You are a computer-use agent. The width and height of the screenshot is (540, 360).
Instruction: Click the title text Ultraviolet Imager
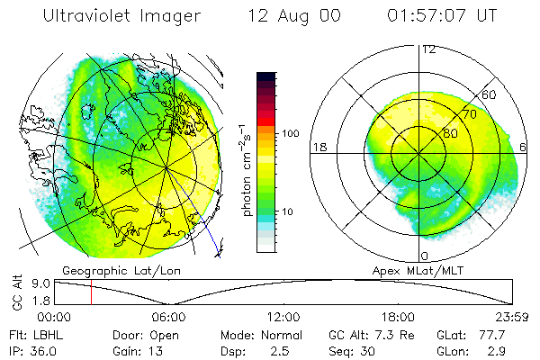coord(121,16)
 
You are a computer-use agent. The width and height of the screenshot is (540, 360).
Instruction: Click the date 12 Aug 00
coord(294,16)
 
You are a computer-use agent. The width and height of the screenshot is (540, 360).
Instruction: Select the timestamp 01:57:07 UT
coord(442,15)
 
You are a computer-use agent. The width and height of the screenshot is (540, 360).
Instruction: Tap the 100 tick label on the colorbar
coord(291,133)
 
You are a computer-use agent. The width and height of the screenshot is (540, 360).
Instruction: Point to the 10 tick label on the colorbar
coord(287,211)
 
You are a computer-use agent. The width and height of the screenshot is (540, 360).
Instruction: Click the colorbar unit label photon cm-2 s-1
coord(247,170)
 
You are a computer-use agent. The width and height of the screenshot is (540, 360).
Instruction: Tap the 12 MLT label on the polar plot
coord(429,49)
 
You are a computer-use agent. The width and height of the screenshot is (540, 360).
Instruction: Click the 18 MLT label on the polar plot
coord(319,148)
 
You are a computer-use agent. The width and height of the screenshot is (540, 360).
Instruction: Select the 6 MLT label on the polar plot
coord(523,147)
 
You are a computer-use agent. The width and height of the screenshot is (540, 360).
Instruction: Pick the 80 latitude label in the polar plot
coord(451,133)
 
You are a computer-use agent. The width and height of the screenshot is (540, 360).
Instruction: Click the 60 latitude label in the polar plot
coord(489,94)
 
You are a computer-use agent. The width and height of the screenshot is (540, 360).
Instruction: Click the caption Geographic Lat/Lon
coord(121,271)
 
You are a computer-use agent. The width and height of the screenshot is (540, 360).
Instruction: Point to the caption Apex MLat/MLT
coord(418,271)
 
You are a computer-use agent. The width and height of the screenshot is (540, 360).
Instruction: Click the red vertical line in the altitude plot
coord(91,292)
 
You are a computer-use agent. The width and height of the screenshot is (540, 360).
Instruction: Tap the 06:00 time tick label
coord(169,317)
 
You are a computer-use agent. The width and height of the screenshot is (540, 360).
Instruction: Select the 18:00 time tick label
coord(398,317)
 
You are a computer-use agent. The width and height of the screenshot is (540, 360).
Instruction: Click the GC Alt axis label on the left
coord(17,292)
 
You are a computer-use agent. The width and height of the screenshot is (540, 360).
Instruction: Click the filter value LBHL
coord(49,335)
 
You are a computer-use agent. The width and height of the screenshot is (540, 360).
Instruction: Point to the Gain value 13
coord(156,351)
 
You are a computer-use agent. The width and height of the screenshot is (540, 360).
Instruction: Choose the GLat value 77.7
coord(491,335)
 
